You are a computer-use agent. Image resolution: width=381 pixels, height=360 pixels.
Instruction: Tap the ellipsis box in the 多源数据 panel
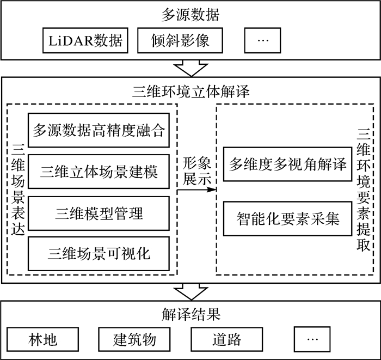[262, 40]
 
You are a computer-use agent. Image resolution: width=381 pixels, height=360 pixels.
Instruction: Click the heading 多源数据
[190, 14]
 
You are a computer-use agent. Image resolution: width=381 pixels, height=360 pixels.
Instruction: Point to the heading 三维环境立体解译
[190, 90]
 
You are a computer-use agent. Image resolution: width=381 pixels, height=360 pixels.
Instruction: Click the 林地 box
[41, 340]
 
